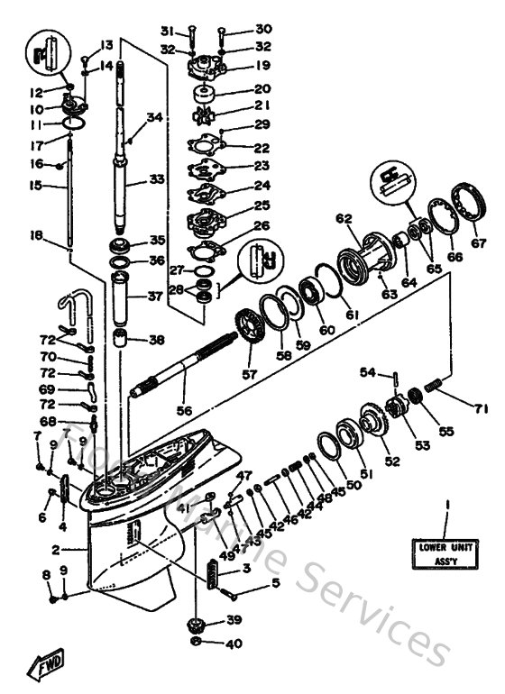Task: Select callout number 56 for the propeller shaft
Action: (184, 410)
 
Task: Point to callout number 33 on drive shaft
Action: (158, 179)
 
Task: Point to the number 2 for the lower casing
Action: (55, 549)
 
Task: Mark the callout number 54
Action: (367, 371)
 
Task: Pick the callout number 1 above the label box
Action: (445, 507)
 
